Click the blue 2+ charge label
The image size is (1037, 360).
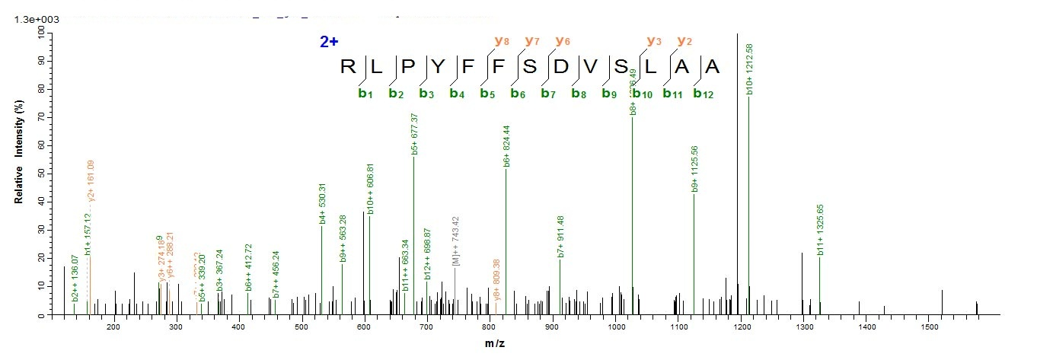(329, 42)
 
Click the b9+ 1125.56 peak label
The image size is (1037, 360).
(695, 168)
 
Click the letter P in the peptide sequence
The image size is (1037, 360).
(410, 67)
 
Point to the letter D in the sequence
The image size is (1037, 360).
(561, 67)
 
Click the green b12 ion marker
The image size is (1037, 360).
(702, 94)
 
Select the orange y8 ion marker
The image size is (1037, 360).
(501, 40)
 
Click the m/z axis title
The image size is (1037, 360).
(494, 343)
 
